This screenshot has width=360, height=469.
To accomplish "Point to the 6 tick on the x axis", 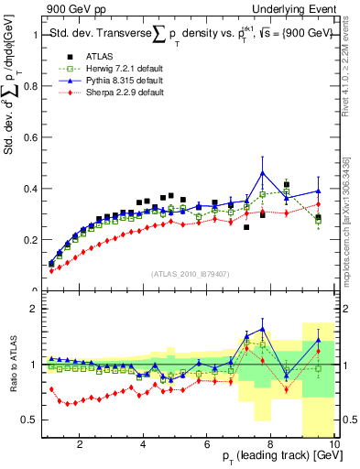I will [208, 446].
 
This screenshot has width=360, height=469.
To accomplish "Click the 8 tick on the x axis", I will [272, 446].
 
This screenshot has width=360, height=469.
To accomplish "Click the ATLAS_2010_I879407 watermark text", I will [189, 274].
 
